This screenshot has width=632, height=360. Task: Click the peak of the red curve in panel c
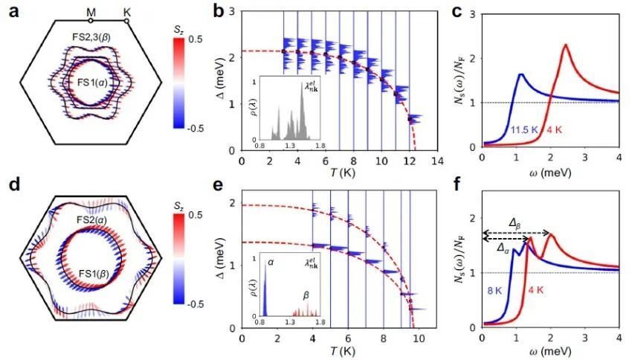567,45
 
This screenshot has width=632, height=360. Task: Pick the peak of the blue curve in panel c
521,74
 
